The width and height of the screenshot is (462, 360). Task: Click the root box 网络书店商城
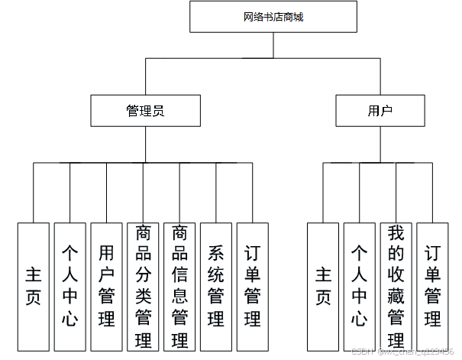point(273,17)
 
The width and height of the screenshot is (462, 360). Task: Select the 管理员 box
point(145,111)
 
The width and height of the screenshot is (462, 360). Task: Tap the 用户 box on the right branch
point(380,111)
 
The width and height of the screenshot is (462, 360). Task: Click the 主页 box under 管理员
point(34,286)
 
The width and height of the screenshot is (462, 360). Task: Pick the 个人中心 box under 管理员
point(70,286)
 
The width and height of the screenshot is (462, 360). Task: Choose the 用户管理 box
point(106,286)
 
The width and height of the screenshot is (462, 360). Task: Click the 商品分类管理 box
point(143,286)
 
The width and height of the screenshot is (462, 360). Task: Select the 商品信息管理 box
point(179,286)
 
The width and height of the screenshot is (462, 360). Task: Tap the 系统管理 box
point(216,286)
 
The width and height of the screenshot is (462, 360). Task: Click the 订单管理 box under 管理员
point(252,286)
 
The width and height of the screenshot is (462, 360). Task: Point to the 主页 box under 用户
point(323,286)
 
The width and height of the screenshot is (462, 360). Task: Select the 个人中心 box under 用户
point(359,286)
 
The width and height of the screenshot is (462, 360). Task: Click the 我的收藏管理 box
point(396,286)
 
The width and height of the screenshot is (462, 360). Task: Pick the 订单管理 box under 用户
point(432,286)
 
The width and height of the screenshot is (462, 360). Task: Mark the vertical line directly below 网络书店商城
point(273,45)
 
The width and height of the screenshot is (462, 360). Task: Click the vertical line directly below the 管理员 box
point(145,144)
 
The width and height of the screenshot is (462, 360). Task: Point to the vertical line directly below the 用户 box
point(380,144)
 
